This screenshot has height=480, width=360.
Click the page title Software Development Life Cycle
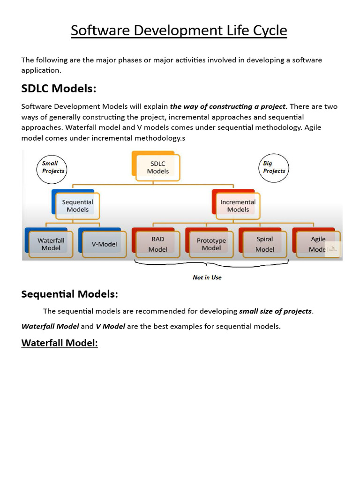[179, 31]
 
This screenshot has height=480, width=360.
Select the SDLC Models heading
[59, 88]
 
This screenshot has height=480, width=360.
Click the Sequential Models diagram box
[77, 206]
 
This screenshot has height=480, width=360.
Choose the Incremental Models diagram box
[238, 206]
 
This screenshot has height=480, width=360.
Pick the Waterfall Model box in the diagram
[51, 244]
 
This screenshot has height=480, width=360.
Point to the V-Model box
[104, 244]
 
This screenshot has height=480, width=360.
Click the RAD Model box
[157, 244]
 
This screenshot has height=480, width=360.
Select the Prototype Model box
[211, 244]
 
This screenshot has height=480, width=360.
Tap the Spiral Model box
[264, 244]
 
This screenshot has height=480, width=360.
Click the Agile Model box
[318, 244]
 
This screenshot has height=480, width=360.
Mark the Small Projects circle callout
[51, 167]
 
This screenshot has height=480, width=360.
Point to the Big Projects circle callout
[274, 167]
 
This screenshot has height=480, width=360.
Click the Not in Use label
[207, 277]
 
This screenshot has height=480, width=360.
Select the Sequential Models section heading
[70, 294]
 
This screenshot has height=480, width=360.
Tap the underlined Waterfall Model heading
[60, 343]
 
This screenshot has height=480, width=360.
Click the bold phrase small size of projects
[275, 311]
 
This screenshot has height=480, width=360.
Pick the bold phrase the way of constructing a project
[229, 106]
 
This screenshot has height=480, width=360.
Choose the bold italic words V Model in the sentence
[110, 326]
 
